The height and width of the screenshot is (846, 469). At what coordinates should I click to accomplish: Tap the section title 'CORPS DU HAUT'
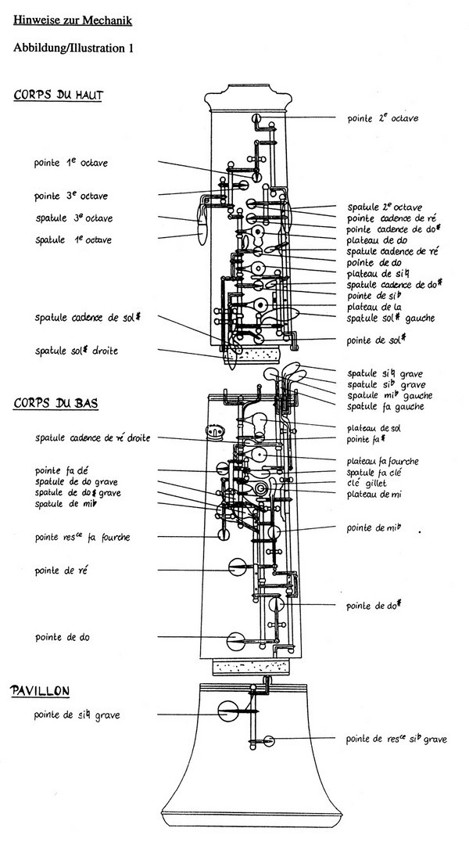tap(59, 95)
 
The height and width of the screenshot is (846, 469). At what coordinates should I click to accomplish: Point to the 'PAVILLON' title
tap(41, 690)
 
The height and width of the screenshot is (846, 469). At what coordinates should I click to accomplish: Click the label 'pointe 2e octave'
tap(383, 118)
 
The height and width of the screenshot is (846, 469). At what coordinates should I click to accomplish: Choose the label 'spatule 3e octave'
tap(73, 218)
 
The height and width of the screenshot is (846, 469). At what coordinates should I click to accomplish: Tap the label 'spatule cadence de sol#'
tap(92, 318)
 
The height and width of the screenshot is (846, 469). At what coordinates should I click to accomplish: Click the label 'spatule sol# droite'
tap(77, 351)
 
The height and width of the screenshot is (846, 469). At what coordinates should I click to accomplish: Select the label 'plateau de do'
tap(371, 240)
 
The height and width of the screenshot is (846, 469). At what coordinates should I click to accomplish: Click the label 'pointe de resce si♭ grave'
tap(396, 739)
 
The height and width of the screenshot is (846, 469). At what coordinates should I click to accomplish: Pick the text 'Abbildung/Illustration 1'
tap(73, 48)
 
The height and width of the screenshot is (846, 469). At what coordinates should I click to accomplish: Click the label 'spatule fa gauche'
tap(385, 406)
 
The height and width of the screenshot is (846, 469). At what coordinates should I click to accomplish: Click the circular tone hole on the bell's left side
tap(228, 712)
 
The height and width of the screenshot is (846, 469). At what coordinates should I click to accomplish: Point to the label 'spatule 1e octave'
tap(73, 239)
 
